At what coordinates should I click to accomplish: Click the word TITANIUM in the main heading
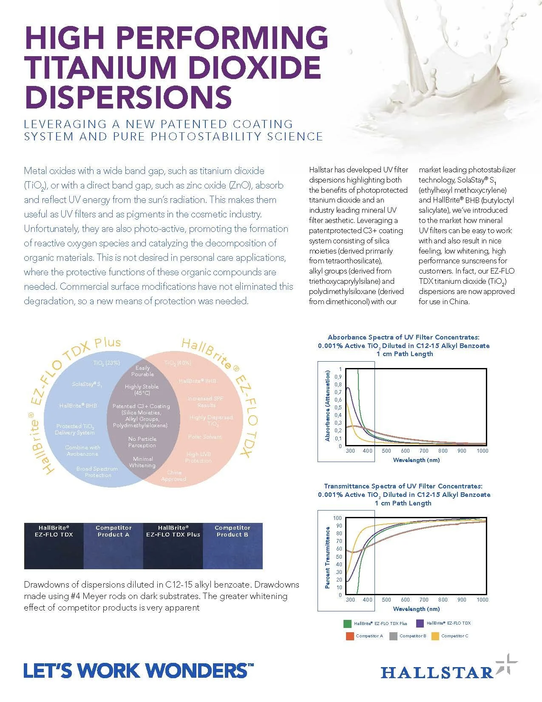[x=97, y=67]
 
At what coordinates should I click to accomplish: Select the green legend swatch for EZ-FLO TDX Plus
[x=347, y=624]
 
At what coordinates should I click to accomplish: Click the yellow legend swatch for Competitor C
[x=435, y=636]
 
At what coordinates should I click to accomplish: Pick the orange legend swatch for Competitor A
[x=350, y=636]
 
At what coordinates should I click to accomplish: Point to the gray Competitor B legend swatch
[x=393, y=636]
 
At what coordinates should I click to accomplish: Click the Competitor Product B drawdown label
[x=233, y=531]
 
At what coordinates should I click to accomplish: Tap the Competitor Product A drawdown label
[x=114, y=531]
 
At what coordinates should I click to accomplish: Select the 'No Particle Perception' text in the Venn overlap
[x=142, y=442]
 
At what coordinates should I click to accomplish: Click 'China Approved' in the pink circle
[x=173, y=476]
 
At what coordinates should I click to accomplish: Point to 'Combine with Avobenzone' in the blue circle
[x=82, y=451]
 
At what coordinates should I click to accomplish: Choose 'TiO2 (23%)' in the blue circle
[x=107, y=363]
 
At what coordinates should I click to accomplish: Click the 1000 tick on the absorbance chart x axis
[x=482, y=451]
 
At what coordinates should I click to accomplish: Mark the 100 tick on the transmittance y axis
[x=337, y=518]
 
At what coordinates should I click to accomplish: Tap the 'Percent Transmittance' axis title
[x=327, y=557]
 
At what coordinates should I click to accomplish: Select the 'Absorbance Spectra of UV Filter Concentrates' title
[x=403, y=337]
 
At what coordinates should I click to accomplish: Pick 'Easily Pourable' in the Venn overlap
[x=142, y=371]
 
